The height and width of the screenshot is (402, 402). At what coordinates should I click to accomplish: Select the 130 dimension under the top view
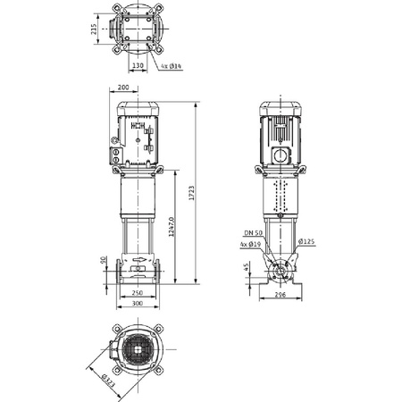[138, 65]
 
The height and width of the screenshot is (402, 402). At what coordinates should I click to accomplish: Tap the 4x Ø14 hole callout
[172, 65]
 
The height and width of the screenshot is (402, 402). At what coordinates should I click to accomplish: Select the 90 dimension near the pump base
[104, 261]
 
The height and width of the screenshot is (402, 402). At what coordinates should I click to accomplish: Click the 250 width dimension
[137, 293]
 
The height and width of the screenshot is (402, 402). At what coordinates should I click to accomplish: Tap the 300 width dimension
[137, 304]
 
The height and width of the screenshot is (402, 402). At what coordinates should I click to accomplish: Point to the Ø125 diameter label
[306, 241]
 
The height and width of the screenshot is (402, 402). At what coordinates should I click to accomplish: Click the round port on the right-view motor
[281, 155]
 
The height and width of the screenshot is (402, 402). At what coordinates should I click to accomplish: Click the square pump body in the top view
[138, 29]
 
